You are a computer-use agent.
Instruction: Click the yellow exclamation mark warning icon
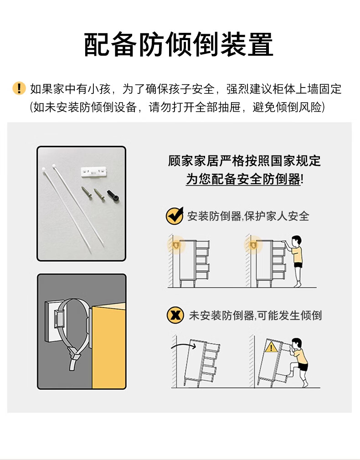tap(19, 88)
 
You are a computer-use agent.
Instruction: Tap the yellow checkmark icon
tap(175, 216)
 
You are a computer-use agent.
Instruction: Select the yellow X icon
tap(175, 315)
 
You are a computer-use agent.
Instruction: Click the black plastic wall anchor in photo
tap(113, 196)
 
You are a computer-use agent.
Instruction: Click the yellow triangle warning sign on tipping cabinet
tap(271, 347)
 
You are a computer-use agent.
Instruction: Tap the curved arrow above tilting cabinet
tap(184, 346)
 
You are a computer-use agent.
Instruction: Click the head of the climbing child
tap(297, 343)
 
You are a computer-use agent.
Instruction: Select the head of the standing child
tap(296, 241)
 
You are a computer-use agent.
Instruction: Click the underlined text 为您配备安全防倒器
tap(243, 179)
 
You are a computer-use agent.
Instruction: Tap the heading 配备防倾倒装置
tap(179, 45)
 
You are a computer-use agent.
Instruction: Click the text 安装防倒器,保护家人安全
tap(248, 216)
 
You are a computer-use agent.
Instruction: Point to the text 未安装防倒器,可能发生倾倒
tap(255, 315)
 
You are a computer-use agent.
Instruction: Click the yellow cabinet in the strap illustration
tap(109, 346)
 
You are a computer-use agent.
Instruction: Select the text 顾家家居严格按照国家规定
tap(244, 161)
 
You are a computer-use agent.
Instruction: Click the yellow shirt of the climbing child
tap(300, 356)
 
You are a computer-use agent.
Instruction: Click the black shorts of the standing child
tap(298, 265)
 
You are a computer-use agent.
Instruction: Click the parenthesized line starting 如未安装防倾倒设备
tap(178, 107)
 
